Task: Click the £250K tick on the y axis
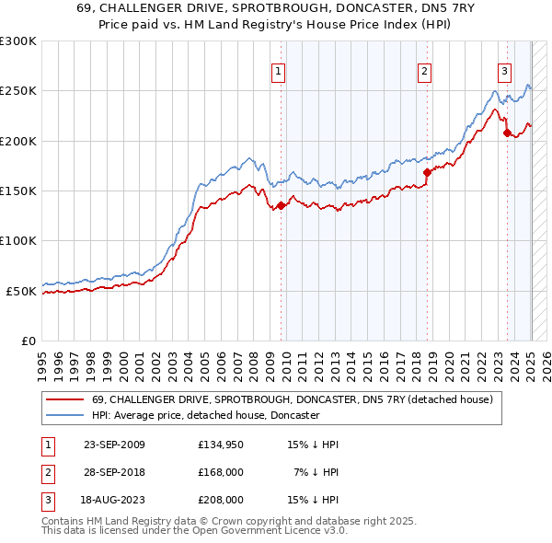(x=19, y=91)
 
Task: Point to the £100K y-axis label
(x=19, y=240)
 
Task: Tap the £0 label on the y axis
(x=29, y=341)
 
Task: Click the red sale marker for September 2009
(x=281, y=205)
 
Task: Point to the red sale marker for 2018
(x=427, y=172)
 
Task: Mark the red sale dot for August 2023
(x=507, y=133)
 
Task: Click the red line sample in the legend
(x=64, y=399)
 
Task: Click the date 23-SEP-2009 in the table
(x=114, y=445)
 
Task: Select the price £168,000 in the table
(x=221, y=472)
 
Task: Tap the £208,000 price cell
(x=221, y=500)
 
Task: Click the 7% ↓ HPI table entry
(x=316, y=472)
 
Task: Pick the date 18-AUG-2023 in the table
(x=114, y=500)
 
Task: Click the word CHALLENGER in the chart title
(x=165, y=7)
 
